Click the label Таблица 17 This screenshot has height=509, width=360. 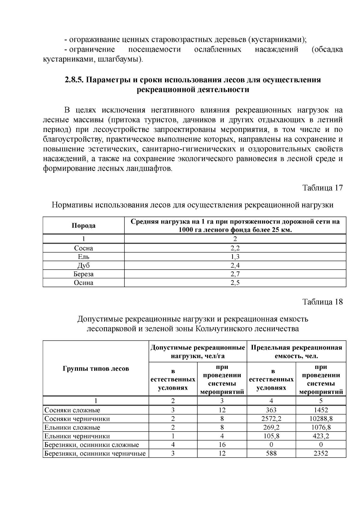[322, 188]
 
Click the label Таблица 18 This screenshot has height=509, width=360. [322, 301]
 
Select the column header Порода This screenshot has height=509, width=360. [83, 226]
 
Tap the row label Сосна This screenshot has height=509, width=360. [83, 248]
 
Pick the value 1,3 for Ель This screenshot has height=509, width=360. [235, 257]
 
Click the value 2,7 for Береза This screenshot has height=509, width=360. [235, 274]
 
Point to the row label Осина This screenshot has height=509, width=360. [83, 283]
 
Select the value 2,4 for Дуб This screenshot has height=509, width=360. [235, 265]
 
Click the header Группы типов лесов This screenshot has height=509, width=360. [96, 368]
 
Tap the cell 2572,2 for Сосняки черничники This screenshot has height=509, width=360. [271, 419]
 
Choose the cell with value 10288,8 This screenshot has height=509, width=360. [321, 419]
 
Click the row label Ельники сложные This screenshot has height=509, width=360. [72, 427]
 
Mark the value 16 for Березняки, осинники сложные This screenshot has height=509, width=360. [222, 445]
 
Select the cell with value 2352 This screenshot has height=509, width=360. [321, 453]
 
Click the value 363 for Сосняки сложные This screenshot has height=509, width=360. [271, 410]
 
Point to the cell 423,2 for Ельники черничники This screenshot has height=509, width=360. [321, 436]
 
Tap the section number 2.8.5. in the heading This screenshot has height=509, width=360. [75, 80]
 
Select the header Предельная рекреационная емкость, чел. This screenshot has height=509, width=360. [296, 352]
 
